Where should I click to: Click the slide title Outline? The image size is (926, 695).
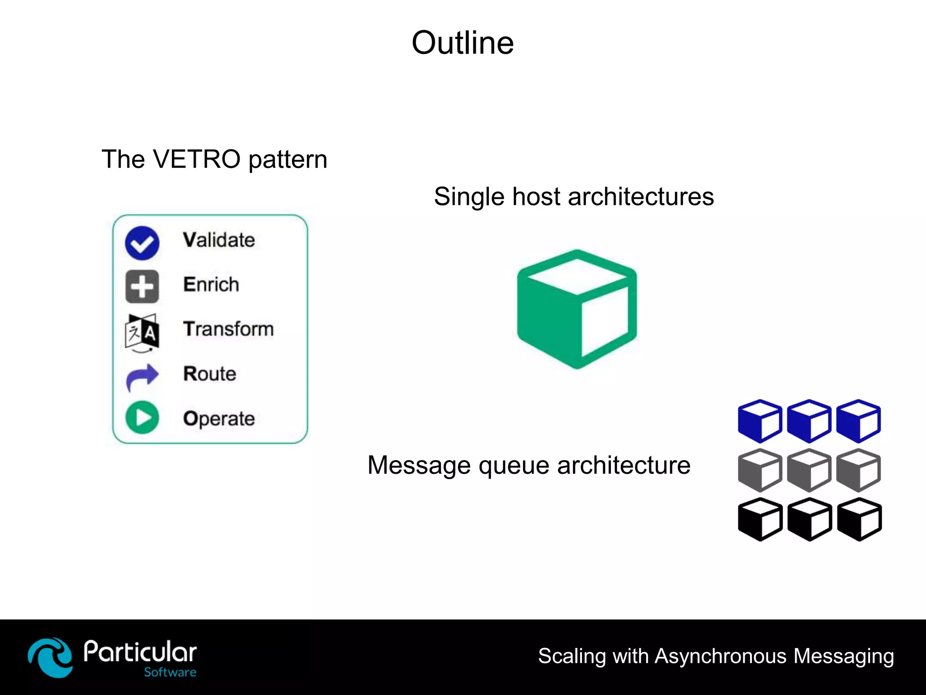point(463,43)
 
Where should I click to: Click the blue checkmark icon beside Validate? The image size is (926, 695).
point(142,243)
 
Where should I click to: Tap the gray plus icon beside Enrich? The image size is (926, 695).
point(142,286)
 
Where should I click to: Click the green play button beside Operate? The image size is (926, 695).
point(142,418)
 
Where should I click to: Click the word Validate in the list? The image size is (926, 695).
point(219,240)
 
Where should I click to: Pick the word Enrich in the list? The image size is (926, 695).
point(211,285)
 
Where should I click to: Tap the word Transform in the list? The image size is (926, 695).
point(228,329)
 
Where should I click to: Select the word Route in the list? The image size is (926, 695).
point(210,374)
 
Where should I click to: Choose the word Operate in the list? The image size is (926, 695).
point(219,419)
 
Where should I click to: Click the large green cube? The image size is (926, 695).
point(577,309)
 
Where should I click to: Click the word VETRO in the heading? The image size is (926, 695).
point(197,159)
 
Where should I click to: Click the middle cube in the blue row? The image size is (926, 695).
point(809,421)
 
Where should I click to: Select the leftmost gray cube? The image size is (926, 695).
point(760,470)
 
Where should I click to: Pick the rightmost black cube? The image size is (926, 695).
point(859,519)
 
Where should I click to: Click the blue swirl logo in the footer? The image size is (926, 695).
point(50,657)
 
